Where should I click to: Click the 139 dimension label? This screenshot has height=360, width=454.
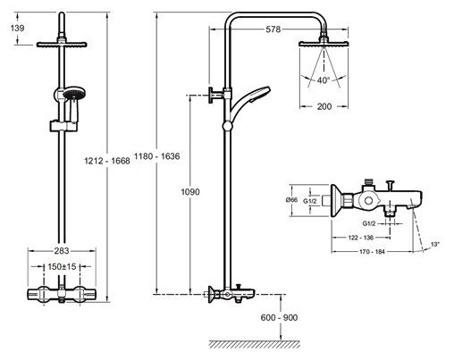tap(17, 28)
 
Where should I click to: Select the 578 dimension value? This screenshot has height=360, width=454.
tap(273, 29)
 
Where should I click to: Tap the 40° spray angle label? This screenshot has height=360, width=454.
tap(324, 80)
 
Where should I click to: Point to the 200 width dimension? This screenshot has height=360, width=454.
tap(324, 106)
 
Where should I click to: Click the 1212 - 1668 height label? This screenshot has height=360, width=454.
tap(107, 161)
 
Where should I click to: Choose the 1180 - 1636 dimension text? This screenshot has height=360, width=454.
tap(157, 156)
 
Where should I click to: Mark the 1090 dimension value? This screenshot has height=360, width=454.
tap(190, 192)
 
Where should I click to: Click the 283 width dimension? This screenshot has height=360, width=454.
tap(62, 251)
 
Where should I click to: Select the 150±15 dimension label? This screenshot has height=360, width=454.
tap(62, 266)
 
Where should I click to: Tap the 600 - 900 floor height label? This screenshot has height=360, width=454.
tap(279, 318)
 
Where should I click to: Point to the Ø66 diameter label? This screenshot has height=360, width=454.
tap(291, 200)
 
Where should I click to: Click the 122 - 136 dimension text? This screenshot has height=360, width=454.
tap(361, 238)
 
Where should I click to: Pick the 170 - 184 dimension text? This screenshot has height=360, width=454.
tap(372, 252)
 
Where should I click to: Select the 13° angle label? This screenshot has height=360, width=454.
tap(435, 244)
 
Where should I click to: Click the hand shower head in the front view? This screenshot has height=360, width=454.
tap(74, 94)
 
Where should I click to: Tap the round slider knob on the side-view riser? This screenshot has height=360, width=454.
tap(227, 126)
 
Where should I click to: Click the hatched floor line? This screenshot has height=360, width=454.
tap(254, 344)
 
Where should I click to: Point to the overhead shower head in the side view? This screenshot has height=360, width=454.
tap(324, 44)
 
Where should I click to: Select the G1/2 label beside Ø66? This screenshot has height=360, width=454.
tap(310, 201)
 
